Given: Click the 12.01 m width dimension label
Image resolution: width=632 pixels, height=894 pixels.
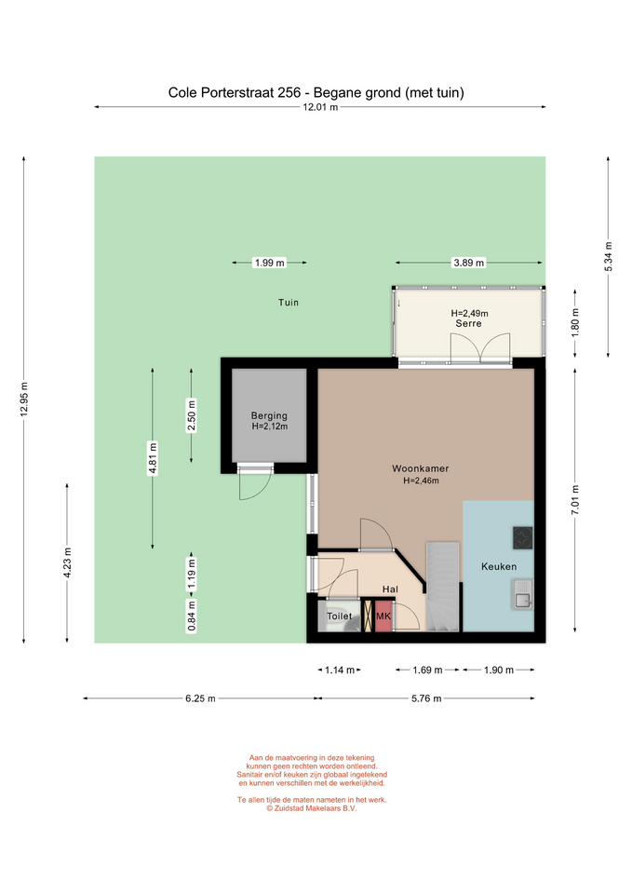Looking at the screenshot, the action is [x=320, y=106].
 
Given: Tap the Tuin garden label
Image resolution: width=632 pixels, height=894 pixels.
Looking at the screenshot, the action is [x=289, y=303].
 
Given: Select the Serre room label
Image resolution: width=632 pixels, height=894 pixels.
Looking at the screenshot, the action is [x=468, y=323].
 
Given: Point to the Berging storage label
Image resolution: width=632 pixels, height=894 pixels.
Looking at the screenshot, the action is [x=269, y=415].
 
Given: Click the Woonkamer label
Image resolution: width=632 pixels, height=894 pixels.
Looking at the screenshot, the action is [x=421, y=468].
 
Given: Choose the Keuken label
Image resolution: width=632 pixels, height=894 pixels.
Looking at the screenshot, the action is [x=499, y=566].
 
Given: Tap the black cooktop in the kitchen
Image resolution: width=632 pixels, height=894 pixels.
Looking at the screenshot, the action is [x=522, y=537].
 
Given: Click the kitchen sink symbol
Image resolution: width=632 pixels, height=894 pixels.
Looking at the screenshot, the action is [x=522, y=594].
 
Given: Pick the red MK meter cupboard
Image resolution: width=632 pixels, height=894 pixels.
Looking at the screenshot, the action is [x=383, y=616].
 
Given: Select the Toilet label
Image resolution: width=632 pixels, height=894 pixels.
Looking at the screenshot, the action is [x=339, y=616].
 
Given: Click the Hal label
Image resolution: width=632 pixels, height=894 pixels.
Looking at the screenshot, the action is [x=390, y=589].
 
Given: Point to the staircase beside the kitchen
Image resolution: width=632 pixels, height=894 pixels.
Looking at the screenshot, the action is [x=443, y=587].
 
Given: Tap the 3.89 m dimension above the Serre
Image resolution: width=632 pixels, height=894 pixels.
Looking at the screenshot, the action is [x=468, y=263].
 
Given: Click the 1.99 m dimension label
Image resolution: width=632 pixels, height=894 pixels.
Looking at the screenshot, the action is [x=270, y=263].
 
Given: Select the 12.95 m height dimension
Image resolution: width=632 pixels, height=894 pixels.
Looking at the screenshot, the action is [x=24, y=400].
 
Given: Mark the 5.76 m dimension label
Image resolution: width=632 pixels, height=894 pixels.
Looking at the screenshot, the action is [x=426, y=698].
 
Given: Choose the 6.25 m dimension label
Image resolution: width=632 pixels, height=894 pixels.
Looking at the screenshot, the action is [x=200, y=698].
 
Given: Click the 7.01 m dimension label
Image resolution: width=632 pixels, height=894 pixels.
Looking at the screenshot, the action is [x=575, y=500].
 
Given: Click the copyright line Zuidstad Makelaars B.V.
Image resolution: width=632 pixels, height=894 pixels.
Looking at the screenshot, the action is [x=312, y=808].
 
